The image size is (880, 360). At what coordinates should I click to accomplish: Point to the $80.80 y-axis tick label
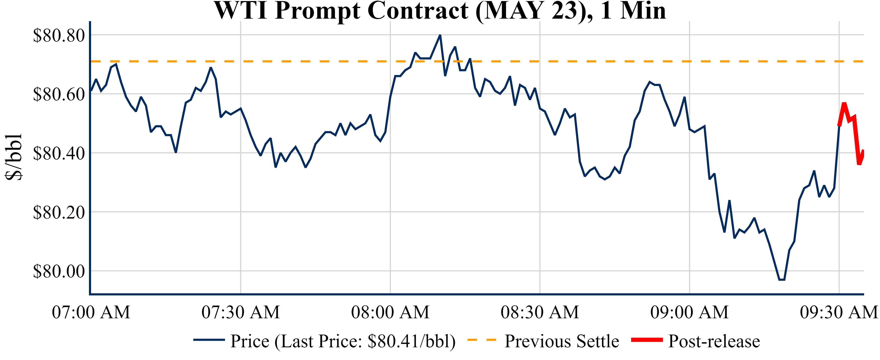click(59, 35)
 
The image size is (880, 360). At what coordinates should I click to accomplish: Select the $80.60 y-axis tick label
click(59, 94)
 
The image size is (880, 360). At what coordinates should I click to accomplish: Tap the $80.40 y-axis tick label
click(59, 153)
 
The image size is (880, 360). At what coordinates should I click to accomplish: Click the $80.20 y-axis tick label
click(59, 212)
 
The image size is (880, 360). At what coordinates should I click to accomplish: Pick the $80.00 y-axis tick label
click(59, 271)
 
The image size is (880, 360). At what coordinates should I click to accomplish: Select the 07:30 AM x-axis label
click(241, 312)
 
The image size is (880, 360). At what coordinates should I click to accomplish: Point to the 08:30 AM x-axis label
click(540, 312)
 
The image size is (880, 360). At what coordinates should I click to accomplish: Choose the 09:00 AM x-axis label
click(689, 312)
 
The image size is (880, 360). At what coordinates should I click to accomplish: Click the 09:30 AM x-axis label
click(839, 312)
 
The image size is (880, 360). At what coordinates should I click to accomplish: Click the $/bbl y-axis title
click(14, 157)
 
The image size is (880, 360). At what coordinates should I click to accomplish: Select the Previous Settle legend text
click(562, 341)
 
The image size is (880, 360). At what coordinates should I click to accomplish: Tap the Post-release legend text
click(714, 341)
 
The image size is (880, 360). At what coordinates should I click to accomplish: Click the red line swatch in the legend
click(647, 340)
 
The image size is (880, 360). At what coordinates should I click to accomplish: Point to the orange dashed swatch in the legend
click(482, 340)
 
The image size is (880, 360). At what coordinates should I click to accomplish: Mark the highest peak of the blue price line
click(440, 35)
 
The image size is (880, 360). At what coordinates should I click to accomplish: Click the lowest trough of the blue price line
click(782, 280)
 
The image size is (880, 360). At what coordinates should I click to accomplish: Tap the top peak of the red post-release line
click(844, 103)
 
